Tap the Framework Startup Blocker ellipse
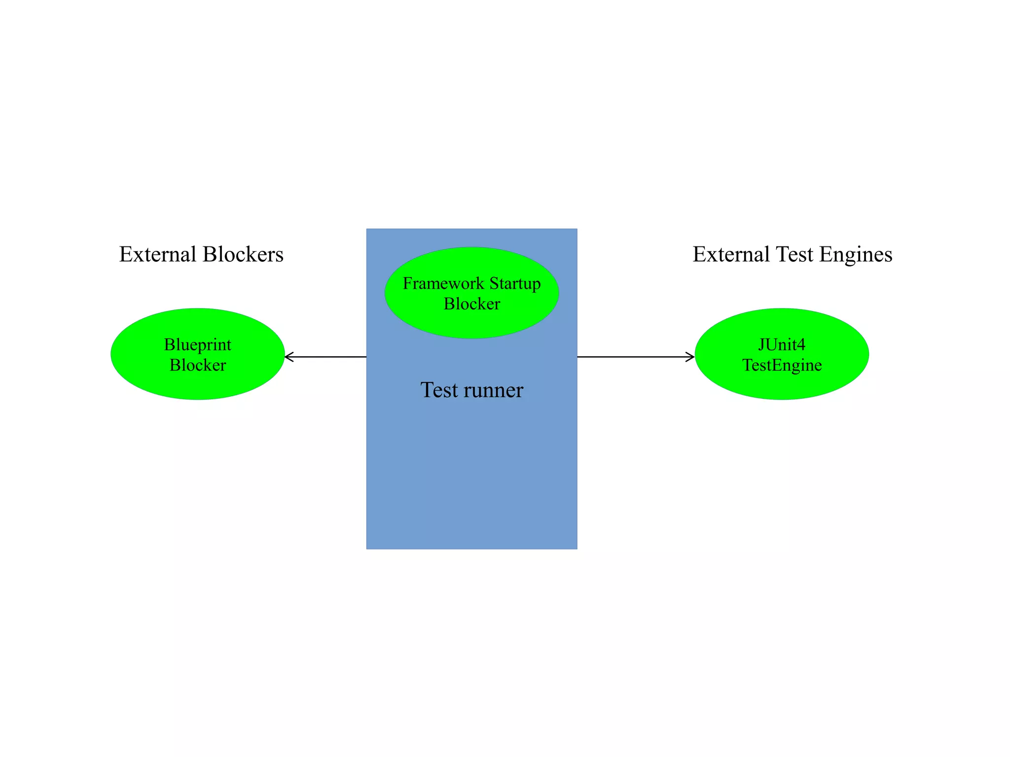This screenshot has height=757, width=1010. coord(471,323)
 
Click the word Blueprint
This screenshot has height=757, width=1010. coord(197,344)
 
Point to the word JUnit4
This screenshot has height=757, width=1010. coord(782,344)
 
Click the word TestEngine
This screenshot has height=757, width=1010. coord(782,365)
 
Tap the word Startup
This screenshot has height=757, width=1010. coord(515,283)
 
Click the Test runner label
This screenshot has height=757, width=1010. coord(471,390)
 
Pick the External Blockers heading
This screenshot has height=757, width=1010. coord(201,254)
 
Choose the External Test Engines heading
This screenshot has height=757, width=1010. coord(792,254)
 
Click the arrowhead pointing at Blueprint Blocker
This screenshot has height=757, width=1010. coord(289,356)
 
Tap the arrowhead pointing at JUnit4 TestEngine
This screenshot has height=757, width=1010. coord(691,356)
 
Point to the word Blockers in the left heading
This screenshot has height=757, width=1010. coord(243,254)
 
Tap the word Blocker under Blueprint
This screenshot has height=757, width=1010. coord(197,365)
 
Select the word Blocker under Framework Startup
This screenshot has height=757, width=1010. coord(471,304)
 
